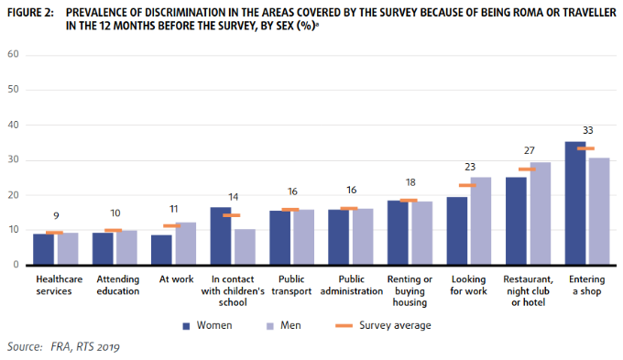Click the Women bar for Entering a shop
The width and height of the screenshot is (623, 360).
575,203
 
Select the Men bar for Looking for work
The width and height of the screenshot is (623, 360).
479,221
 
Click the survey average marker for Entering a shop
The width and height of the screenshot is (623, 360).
586,148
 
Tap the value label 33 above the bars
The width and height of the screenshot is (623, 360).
586,131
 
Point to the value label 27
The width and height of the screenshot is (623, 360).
528,150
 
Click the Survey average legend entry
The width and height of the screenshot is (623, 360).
395,324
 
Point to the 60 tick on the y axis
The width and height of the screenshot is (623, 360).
13,56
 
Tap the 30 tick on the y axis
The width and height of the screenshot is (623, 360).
13,160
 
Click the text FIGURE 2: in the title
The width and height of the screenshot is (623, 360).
29,12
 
